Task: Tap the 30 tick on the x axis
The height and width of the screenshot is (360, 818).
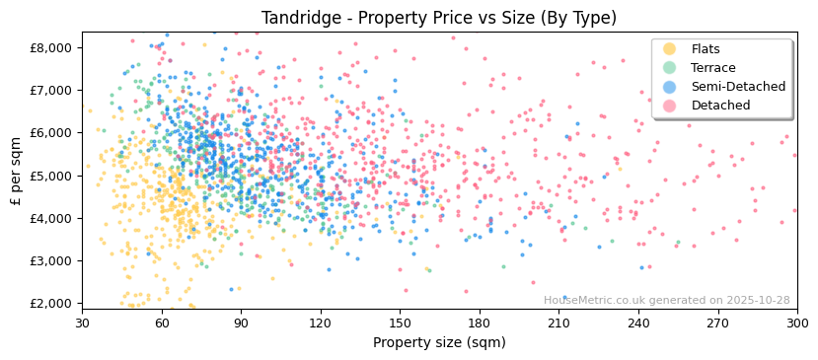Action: click(82, 324)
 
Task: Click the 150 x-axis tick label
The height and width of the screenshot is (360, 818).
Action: click(400, 324)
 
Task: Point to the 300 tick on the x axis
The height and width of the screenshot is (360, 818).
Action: click(796, 324)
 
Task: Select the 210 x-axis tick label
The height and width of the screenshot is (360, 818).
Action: click(558, 324)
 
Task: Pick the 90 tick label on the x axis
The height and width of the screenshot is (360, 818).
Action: click(241, 324)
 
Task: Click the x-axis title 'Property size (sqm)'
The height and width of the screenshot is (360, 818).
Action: click(439, 343)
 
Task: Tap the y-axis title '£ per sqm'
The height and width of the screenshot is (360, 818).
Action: click(16, 171)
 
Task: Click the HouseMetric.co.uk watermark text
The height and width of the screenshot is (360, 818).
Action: click(666, 301)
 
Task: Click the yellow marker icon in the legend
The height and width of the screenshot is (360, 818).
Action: click(670, 49)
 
